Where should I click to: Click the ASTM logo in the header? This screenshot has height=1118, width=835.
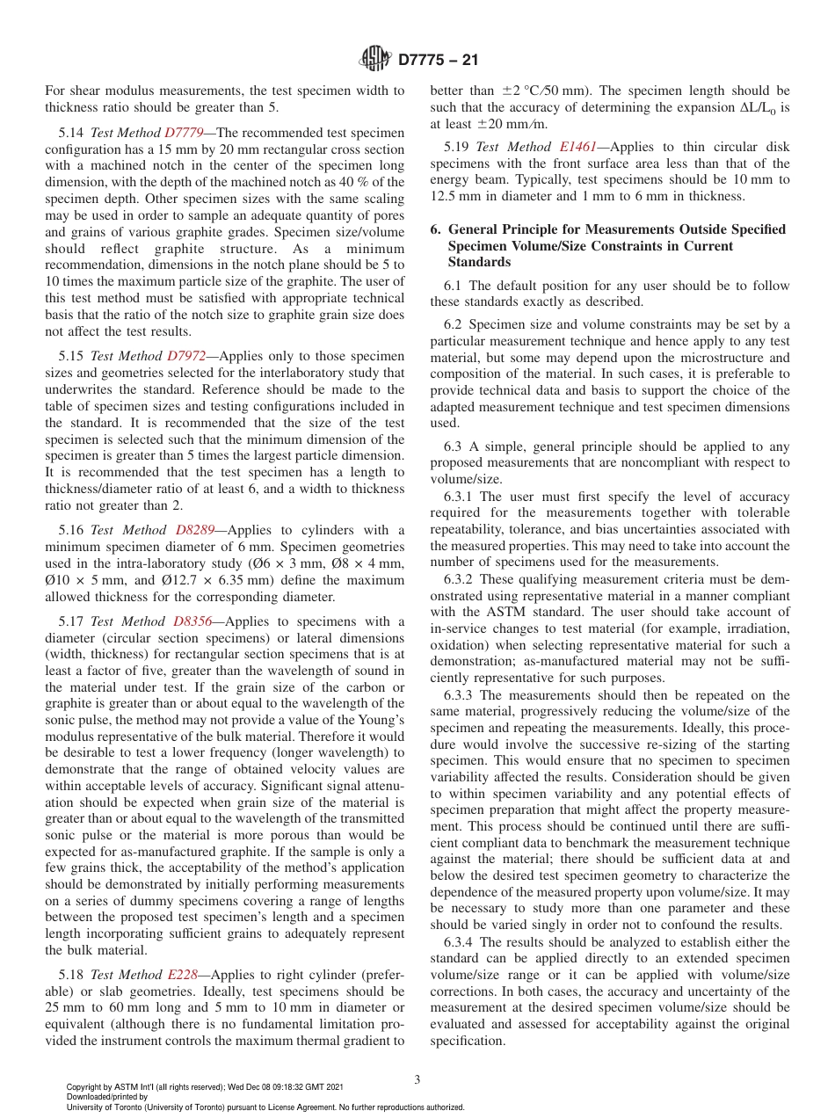pos(375,60)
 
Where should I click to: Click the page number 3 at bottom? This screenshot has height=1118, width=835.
pos(417,1079)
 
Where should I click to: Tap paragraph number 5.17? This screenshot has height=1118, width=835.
pos(72,621)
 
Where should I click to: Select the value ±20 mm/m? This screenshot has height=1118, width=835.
pos(519,124)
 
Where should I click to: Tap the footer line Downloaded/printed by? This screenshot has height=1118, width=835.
pos(107,1097)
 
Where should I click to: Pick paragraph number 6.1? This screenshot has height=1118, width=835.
pos(455,286)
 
